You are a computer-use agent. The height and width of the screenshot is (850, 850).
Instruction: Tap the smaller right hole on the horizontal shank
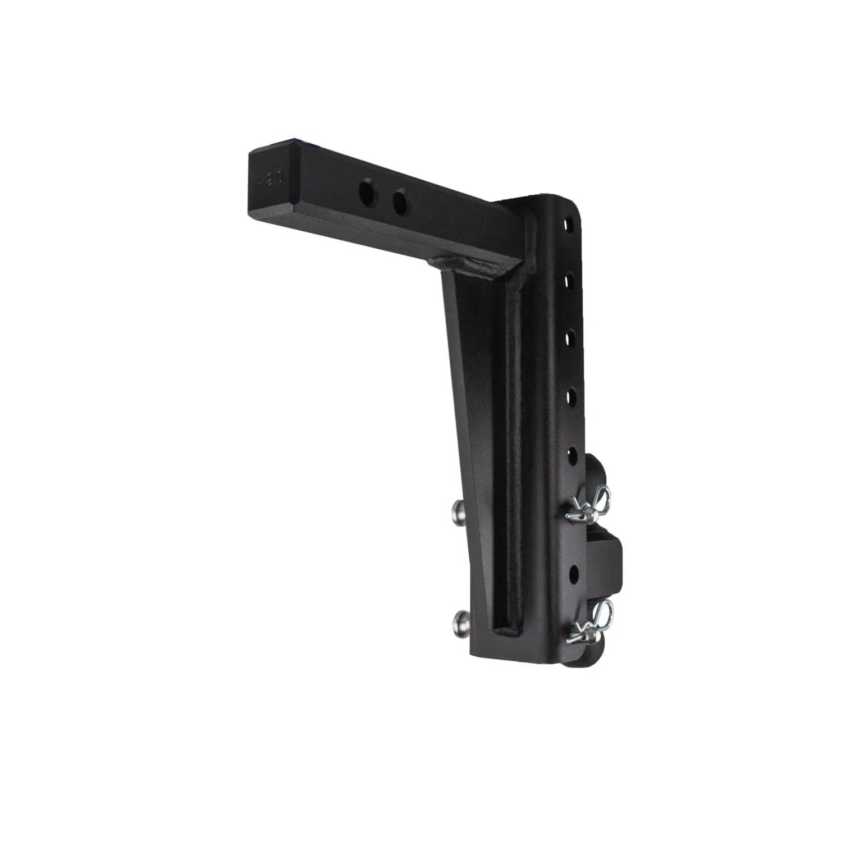pos(400,202)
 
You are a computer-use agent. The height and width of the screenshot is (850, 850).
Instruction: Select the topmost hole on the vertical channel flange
pos(570,223)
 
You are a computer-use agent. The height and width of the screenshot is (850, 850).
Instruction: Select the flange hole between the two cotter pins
pos(574,573)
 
